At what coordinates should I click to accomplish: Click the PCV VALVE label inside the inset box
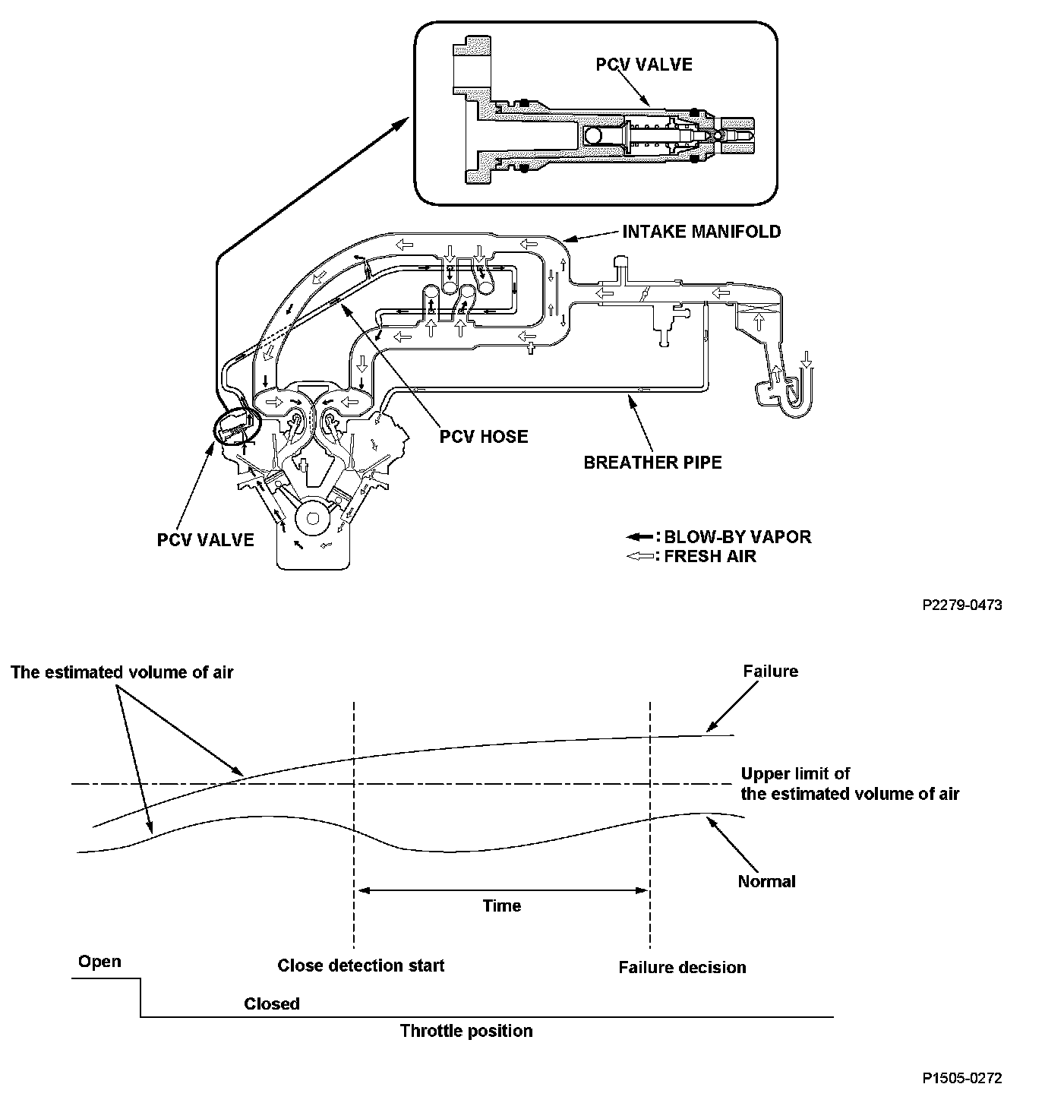click(643, 65)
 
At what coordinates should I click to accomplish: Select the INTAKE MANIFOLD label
click(701, 232)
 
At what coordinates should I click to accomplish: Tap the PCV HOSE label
click(484, 437)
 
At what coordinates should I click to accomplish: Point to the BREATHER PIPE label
click(652, 462)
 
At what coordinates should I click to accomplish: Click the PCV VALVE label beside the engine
click(205, 540)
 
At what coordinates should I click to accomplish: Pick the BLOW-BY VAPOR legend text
click(737, 537)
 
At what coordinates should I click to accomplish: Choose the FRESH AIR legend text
click(709, 556)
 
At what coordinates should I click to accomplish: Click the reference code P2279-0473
click(962, 605)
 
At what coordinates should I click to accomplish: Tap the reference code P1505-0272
click(962, 1078)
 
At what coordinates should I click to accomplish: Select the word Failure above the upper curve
click(770, 672)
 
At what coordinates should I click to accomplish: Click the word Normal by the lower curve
click(766, 882)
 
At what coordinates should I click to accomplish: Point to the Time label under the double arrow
click(502, 905)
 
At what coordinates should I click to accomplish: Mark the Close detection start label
click(361, 966)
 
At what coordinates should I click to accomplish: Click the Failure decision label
click(682, 968)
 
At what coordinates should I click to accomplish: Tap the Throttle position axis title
click(466, 1031)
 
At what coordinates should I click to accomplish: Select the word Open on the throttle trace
click(99, 962)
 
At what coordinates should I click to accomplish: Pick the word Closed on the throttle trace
click(272, 1003)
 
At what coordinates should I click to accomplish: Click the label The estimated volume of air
click(122, 672)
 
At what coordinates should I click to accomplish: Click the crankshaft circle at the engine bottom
click(311, 520)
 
